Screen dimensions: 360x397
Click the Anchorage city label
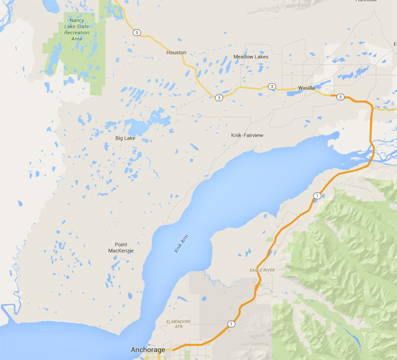pos(148,350)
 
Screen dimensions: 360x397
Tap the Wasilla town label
pos(306,88)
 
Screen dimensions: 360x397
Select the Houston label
pos(176,53)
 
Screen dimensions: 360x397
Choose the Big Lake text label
pos(125,138)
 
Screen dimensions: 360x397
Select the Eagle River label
pos(262,270)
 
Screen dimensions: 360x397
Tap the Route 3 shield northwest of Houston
pos(136,32)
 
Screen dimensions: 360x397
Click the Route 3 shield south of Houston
pos(219,97)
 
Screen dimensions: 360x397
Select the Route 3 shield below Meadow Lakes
pos(272,86)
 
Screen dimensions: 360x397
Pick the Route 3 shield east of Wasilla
pos(340,97)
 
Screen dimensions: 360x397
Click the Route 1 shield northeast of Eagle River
pos(316,196)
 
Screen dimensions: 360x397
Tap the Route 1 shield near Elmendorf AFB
pos(231,323)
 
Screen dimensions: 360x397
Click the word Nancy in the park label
pos(77,20)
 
